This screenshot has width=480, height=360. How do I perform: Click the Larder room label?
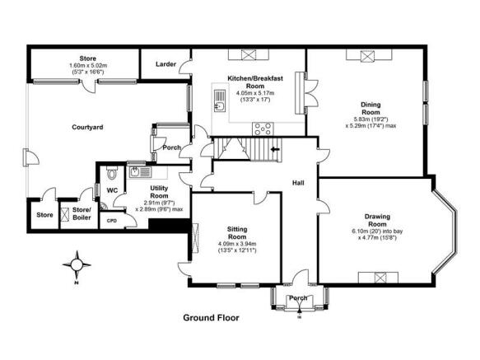(165, 64)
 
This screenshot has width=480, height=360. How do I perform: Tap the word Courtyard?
(87, 127)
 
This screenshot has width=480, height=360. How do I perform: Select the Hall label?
(298, 183)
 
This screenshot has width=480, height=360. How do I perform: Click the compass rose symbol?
(77, 265)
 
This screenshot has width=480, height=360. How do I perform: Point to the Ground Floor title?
(211, 318)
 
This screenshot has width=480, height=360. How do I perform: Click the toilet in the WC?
(112, 173)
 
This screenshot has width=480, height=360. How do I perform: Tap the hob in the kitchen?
(263, 129)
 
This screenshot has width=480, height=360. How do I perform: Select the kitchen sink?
(220, 101)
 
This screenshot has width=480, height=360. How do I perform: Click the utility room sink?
(140, 172)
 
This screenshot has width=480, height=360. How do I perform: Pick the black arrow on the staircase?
(276, 149)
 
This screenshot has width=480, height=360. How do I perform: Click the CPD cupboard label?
(112, 221)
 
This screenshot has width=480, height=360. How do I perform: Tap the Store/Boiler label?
(82, 214)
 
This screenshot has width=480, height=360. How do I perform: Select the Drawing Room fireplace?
(378, 278)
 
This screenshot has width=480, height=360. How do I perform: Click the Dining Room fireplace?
(369, 55)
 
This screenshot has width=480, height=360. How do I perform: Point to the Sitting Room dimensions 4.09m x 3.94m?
(237, 244)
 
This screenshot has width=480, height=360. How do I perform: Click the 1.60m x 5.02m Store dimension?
(88, 66)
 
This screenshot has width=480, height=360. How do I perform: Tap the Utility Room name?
(159, 192)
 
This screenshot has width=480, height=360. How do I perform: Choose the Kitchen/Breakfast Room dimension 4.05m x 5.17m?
(255, 93)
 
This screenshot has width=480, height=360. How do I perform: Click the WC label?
(112, 190)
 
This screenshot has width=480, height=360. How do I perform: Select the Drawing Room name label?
(377, 220)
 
